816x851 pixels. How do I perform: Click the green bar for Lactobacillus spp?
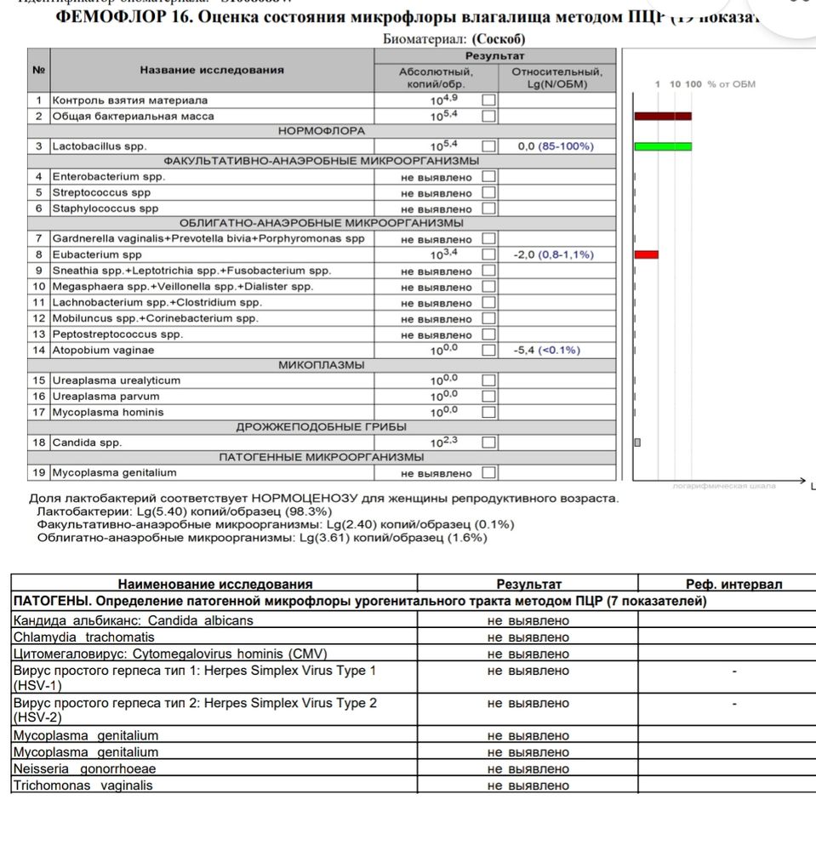[x=663, y=146]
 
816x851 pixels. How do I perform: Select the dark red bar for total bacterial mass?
[x=663, y=116]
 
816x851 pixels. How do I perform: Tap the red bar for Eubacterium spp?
[x=647, y=254]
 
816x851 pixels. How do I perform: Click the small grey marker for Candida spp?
[x=637, y=443]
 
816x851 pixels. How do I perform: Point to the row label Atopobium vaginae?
[x=103, y=350]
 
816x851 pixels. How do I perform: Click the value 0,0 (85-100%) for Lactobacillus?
[x=556, y=146]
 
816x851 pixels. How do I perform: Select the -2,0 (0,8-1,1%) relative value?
[x=554, y=254]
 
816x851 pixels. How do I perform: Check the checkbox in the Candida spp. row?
[x=488, y=443]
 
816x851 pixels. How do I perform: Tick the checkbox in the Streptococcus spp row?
[x=488, y=192]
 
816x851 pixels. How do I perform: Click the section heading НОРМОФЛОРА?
[x=322, y=131]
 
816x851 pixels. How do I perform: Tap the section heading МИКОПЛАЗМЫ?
[x=322, y=365]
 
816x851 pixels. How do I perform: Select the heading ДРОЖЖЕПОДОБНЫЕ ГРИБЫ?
[x=322, y=427]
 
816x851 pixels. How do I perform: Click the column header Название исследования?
[x=212, y=70]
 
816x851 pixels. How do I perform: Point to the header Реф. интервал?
[x=733, y=584]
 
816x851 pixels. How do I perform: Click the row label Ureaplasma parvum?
[x=106, y=397]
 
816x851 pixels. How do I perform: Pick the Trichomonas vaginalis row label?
[x=83, y=785]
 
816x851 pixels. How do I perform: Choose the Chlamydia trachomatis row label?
[x=83, y=637]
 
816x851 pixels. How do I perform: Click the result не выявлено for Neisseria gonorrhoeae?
[x=528, y=769]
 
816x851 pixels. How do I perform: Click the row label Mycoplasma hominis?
[x=108, y=412]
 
